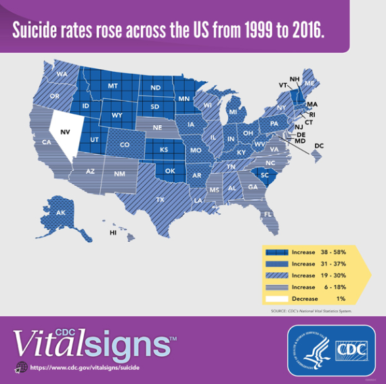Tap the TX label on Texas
[160, 200]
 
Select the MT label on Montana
[112, 86]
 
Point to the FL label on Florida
[268, 215]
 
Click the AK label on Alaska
[60, 213]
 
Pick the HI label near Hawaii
[113, 232]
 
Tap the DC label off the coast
[319, 146]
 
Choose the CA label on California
[47, 143]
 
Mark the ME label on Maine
[309, 83]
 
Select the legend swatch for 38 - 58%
[276, 252]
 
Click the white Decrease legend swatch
[276, 298]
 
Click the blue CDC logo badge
[331, 350]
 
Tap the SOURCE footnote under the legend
[307, 311]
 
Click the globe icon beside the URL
[20, 368]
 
